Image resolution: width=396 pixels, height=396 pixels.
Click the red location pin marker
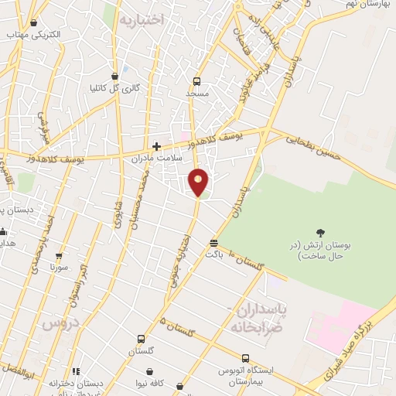[x=198, y=181]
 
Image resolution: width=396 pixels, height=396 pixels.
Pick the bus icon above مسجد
[x=196, y=80]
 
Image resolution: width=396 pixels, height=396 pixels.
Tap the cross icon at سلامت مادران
[x=156, y=145]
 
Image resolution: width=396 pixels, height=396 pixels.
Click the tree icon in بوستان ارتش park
[x=320, y=232]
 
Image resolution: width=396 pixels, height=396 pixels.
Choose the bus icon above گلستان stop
[x=140, y=339]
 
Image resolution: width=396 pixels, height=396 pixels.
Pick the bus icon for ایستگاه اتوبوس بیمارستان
[x=245, y=358]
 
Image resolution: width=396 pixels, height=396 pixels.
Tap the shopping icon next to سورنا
[x=59, y=256]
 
